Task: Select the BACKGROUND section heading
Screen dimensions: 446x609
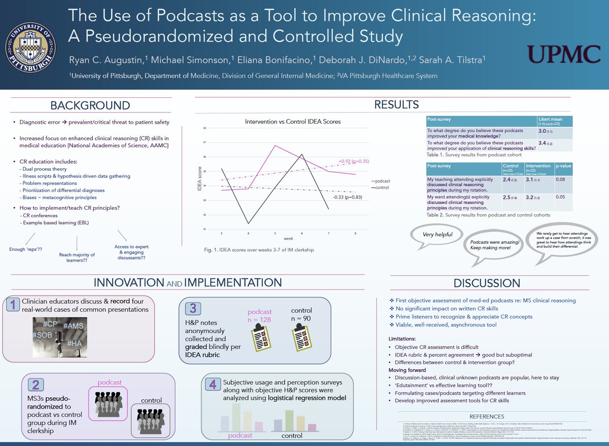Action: coord(90,105)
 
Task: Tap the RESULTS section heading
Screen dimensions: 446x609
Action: coord(396,104)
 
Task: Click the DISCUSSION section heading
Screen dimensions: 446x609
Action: coord(487,283)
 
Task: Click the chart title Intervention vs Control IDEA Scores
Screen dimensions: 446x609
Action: coord(293,122)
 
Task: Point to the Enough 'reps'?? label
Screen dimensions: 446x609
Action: coord(25,249)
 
